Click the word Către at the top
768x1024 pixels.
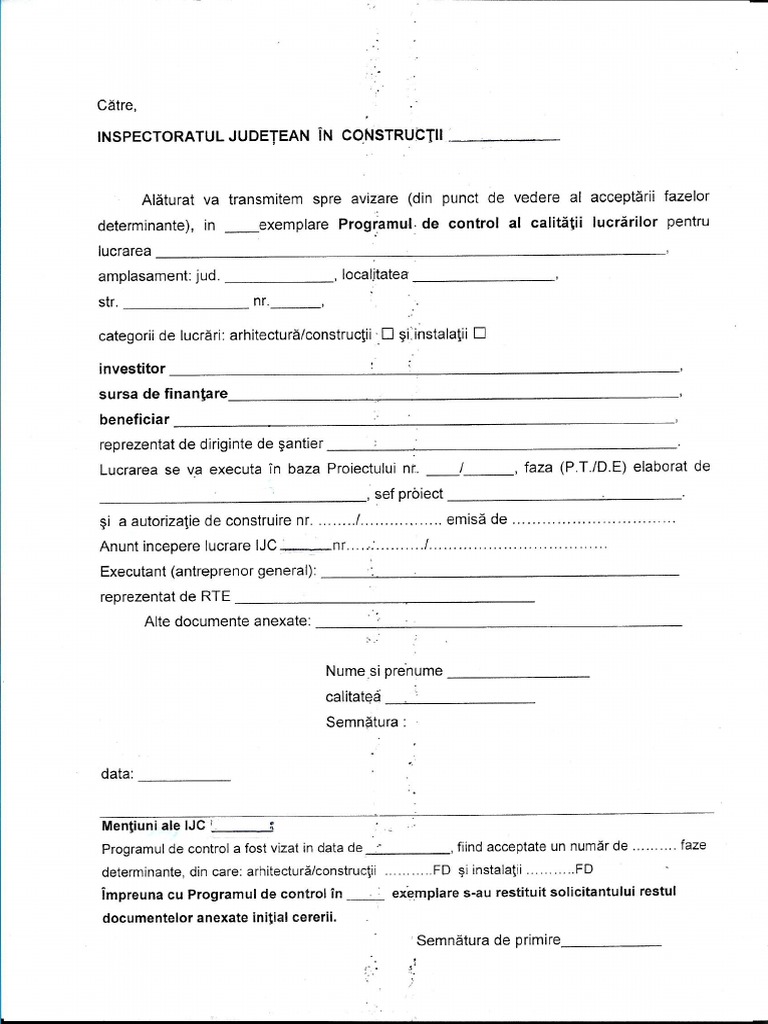115,105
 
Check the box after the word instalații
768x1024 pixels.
479,333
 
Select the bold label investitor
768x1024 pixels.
132,369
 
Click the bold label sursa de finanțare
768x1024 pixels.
163,394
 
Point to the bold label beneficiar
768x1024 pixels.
134,419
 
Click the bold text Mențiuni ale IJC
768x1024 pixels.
153,825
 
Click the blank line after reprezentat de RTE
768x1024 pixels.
384,599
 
